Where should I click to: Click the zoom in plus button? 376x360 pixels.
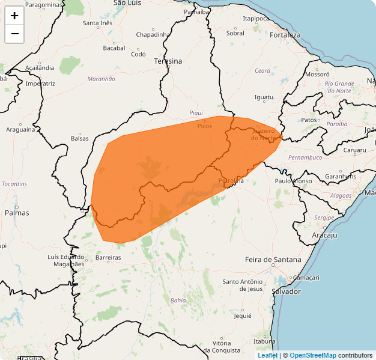tap(14, 16)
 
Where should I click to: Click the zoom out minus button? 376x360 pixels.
tap(14, 34)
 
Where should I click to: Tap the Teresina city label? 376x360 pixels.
tap(168, 61)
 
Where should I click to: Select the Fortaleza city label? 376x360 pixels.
tap(285, 35)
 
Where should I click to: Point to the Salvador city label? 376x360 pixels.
tap(286, 291)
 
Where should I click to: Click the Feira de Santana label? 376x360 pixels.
tap(273, 260)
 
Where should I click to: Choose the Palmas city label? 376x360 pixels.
tap(17, 213)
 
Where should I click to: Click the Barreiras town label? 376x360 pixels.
tap(108, 257)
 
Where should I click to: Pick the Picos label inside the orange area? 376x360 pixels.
tap(204, 126)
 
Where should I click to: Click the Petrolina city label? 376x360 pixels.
tap(231, 180)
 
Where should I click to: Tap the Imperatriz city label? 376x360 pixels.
tap(40, 84)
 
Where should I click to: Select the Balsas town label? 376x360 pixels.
tap(79, 138)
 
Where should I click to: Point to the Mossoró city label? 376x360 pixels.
tap(318, 75)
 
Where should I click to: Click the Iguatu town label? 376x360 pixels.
tap(264, 97)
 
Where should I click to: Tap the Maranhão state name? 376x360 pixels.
tap(101, 79)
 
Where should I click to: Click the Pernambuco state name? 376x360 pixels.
tap(305, 157)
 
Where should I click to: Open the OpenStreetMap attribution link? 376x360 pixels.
tap(313, 355)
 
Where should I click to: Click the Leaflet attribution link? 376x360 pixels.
tap(267, 355)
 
